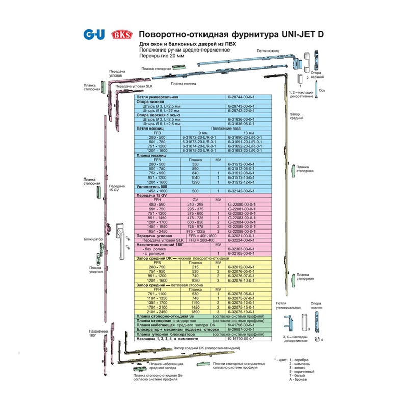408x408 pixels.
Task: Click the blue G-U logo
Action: (93, 35)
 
